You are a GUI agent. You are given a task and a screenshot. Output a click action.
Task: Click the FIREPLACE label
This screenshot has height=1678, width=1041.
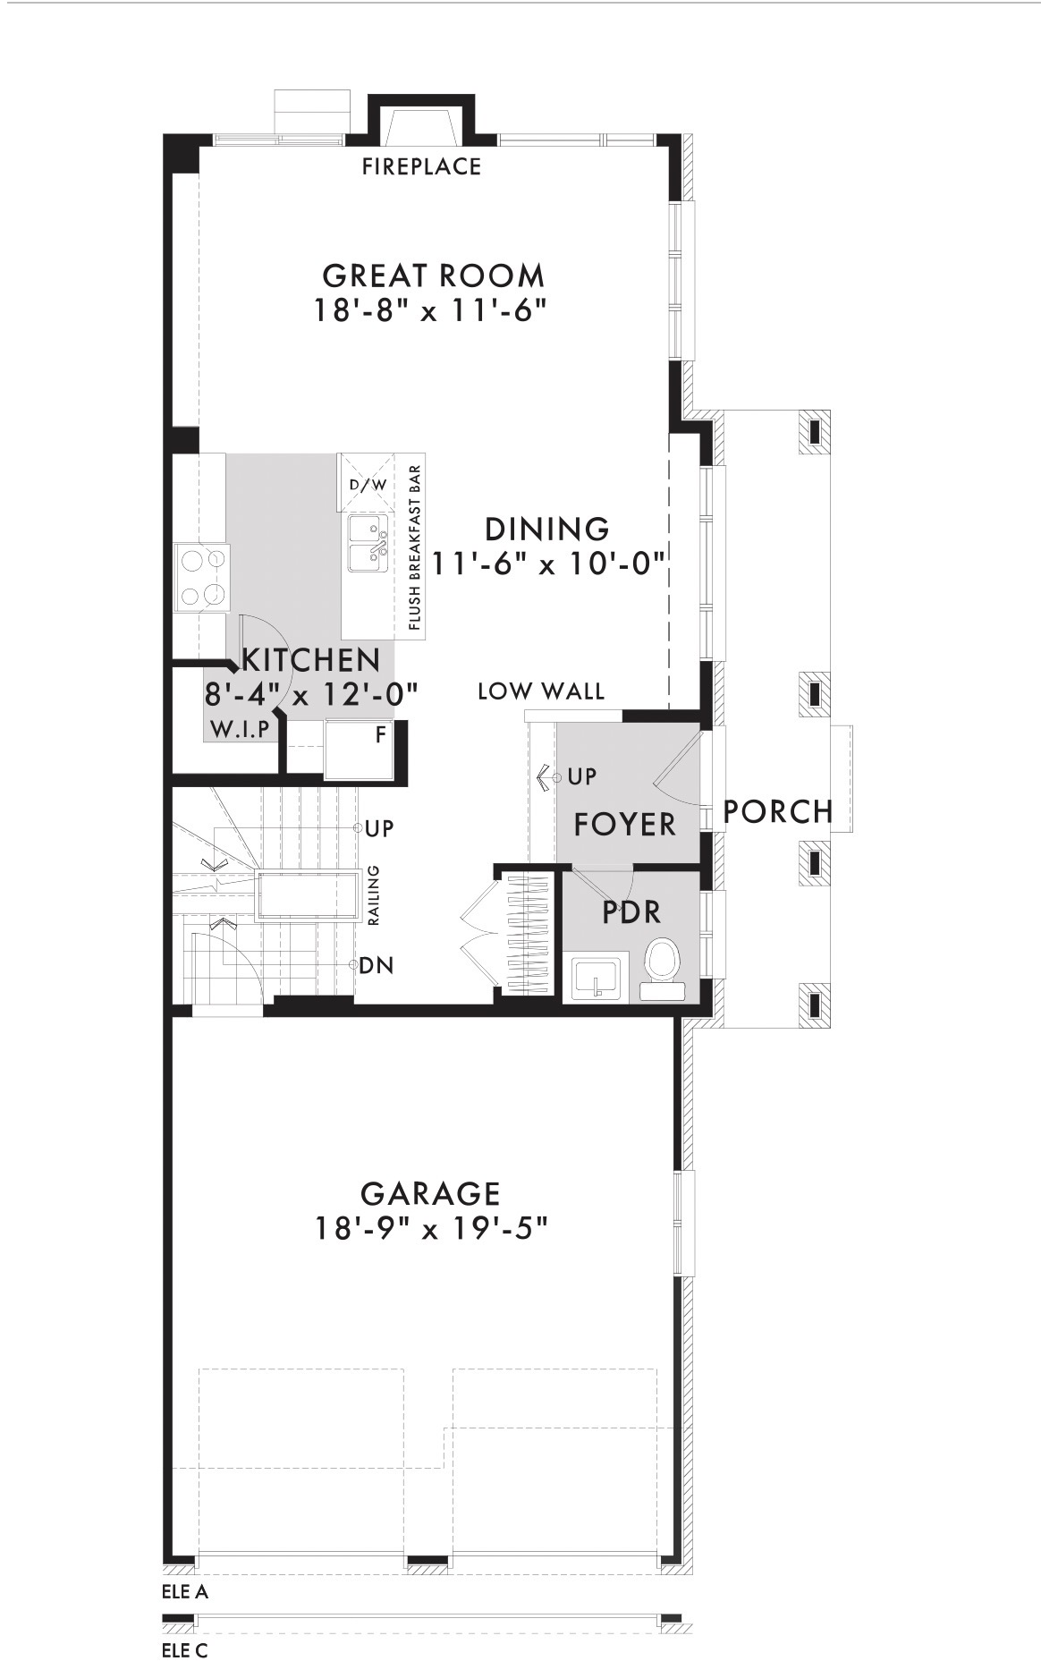(x=421, y=166)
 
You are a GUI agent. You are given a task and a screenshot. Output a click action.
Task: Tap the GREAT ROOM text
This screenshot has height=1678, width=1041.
(x=433, y=275)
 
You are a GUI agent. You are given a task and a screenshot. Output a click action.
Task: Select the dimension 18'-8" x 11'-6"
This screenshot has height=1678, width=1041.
(x=429, y=310)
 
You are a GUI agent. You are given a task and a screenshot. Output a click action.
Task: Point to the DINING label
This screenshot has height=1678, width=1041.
(x=546, y=530)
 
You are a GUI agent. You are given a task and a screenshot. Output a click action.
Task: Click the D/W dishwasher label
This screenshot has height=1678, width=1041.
(x=368, y=485)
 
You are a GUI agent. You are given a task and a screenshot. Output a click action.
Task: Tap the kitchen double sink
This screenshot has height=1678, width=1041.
(x=368, y=543)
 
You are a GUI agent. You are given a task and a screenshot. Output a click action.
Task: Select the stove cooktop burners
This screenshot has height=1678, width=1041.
(x=201, y=577)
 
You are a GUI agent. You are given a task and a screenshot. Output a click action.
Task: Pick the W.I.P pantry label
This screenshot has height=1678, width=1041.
(x=240, y=729)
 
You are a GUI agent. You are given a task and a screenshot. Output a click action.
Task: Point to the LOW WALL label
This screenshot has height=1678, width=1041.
(x=541, y=691)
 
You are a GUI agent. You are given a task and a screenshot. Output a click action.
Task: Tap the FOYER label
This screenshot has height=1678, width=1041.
(x=625, y=825)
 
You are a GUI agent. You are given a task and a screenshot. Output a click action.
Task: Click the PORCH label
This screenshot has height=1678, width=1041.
(x=778, y=812)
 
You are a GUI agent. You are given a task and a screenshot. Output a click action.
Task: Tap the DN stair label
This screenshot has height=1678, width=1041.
(x=376, y=966)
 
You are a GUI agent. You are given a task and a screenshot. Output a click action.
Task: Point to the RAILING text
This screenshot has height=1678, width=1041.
(x=374, y=895)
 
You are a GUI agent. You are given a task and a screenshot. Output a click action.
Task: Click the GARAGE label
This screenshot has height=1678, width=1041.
(x=430, y=1193)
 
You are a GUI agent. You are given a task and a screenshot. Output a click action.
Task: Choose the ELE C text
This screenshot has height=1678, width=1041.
(x=185, y=1651)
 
